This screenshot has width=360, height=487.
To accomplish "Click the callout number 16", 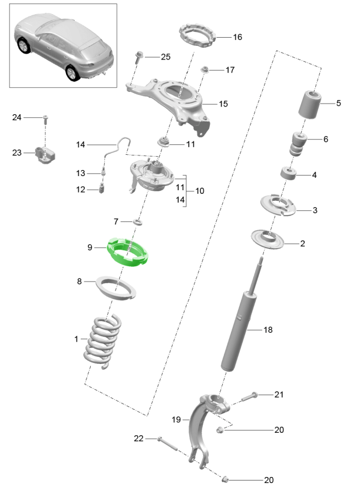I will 237,37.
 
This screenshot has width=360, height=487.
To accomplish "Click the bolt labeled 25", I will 137,58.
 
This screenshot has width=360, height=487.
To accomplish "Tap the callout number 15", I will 223,104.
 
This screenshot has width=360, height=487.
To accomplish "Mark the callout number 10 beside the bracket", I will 200,191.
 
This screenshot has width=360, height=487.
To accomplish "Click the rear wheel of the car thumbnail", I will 72,72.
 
